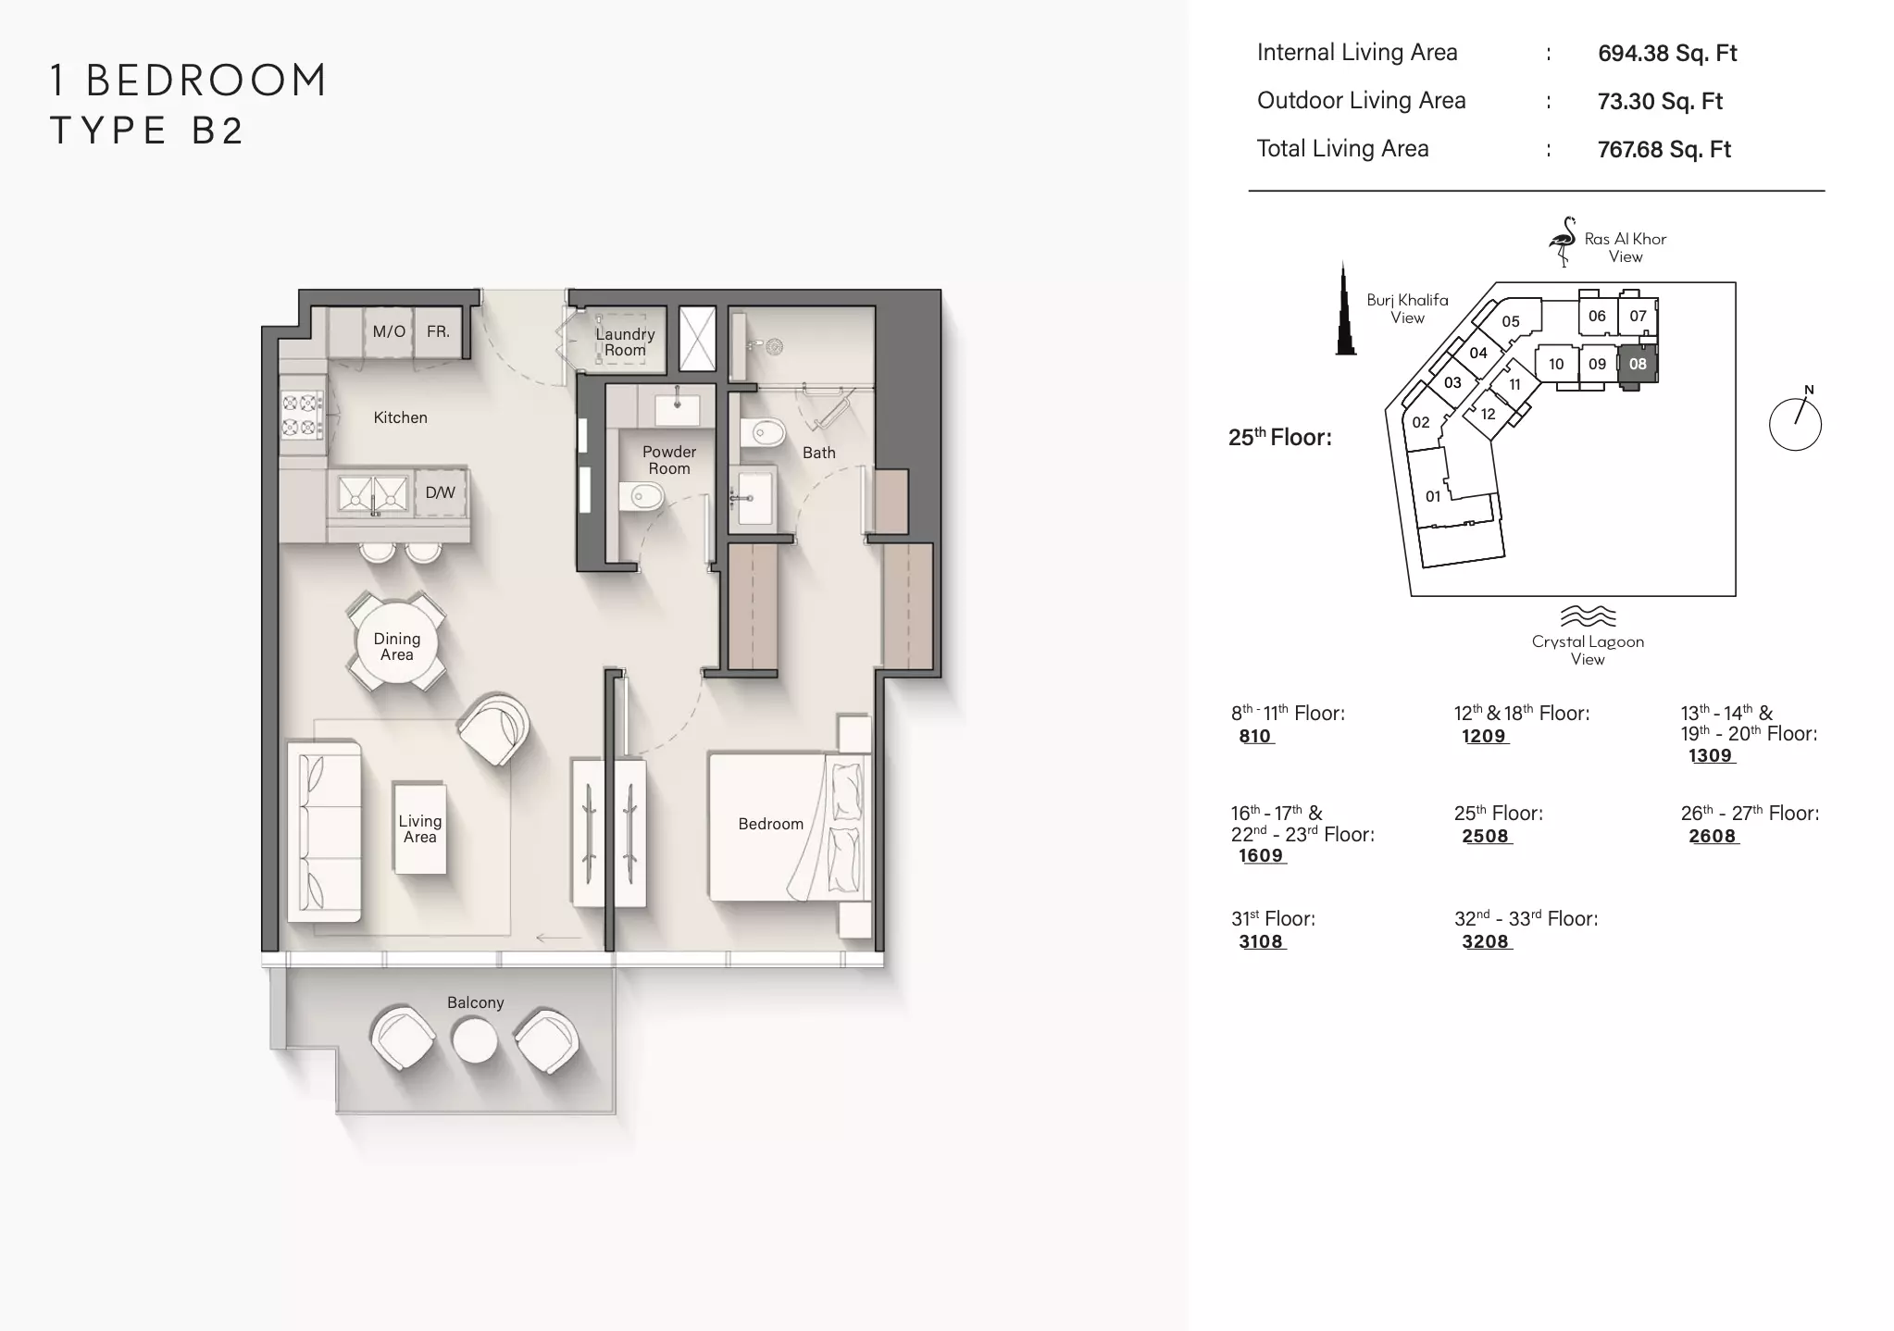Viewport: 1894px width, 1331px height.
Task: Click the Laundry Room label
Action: pos(625,342)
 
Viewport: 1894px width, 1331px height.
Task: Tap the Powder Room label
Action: pos(669,460)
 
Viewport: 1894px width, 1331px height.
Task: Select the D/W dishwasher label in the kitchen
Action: pos(440,492)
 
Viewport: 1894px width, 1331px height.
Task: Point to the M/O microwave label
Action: pos(389,331)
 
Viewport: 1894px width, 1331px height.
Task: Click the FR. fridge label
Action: pos(438,331)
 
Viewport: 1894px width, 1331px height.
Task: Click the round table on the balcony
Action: pos(474,1040)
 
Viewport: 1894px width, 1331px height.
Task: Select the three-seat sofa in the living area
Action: pos(323,830)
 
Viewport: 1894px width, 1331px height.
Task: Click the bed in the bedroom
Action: pos(790,826)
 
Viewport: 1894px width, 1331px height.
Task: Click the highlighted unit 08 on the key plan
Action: pos(1638,364)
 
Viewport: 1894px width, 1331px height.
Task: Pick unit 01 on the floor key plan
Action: pos(1433,496)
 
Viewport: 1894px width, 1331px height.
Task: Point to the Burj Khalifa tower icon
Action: pos(1345,310)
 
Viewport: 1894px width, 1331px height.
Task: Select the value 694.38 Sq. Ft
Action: pos(1667,54)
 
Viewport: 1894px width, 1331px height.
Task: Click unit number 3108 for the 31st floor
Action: pos(1261,941)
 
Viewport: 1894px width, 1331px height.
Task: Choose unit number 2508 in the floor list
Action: pos(1485,836)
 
